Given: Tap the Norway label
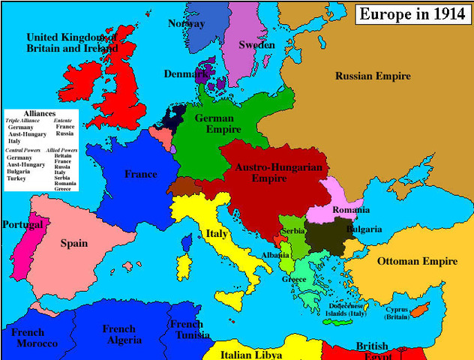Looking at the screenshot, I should pos(186,23).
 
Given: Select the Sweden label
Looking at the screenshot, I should pos(256,45).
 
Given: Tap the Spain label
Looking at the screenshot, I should pos(73,243).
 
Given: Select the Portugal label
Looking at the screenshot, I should pos(22,224).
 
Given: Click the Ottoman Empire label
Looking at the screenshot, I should pos(417,261).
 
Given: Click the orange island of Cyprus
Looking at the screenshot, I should pos(418,308).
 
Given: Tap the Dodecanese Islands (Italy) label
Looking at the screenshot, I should pos(346,310).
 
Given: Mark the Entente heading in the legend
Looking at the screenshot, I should pos(64,120).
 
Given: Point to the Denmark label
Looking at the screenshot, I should pos(185,74).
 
